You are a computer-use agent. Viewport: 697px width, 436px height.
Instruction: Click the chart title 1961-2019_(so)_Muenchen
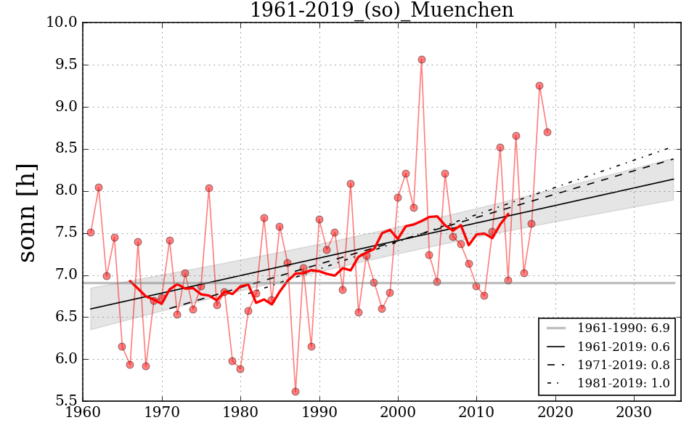point(381,11)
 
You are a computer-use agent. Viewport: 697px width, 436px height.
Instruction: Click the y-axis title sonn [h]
point(27,212)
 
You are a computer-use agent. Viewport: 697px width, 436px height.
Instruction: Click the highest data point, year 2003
point(422,60)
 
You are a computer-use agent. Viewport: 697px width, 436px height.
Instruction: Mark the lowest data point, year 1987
point(295,392)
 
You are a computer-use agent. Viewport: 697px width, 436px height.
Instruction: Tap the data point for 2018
point(539,86)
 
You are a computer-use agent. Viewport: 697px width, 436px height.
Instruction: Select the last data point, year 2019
point(547,132)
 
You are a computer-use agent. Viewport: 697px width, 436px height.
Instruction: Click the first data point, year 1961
point(91,233)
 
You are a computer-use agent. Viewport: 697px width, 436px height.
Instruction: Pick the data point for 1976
point(209,188)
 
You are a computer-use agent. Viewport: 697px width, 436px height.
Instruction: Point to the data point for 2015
point(516,136)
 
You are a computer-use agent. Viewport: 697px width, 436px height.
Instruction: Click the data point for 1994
point(351,184)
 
